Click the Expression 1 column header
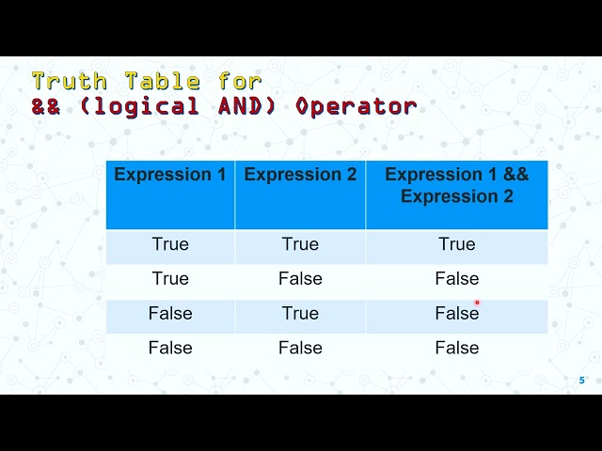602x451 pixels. [x=170, y=175]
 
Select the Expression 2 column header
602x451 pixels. [x=300, y=175]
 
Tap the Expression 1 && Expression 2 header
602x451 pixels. [x=457, y=185]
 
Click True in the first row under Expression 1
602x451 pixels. [x=170, y=244]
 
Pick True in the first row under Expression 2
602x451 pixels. [x=300, y=244]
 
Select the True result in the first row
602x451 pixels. [x=457, y=244]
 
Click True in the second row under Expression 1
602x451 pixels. [x=170, y=279]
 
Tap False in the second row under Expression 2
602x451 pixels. [x=300, y=279]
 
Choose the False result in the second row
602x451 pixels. [x=457, y=279]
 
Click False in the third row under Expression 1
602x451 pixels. [x=170, y=314]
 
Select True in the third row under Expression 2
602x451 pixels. [x=300, y=314]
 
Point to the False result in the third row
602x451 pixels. [x=456, y=314]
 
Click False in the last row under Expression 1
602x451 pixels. [x=170, y=349]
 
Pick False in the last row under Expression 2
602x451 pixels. [x=300, y=349]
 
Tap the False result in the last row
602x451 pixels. [x=457, y=349]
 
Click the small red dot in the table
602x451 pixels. [x=477, y=303]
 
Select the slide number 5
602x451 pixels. [x=581, y=381]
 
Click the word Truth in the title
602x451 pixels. [x=68, y=81]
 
